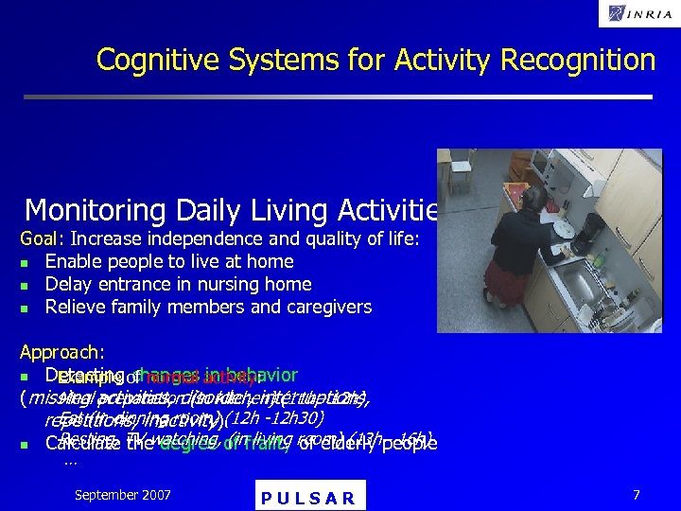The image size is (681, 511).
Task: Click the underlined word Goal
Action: pos(40,238)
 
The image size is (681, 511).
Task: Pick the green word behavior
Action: pos(262,374)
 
